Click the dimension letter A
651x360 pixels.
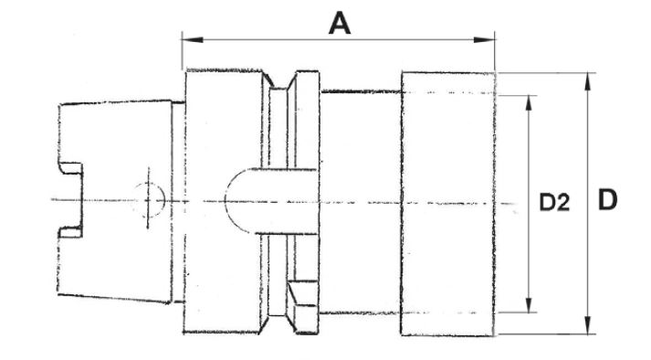(340, 23)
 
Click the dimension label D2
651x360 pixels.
(554, 203)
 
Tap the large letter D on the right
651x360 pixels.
(607, 199)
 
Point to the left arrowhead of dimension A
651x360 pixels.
(193, 40)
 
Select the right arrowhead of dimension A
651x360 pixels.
(484, 40)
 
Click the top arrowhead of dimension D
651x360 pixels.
(587, 81)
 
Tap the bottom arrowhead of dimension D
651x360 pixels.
(587, 325)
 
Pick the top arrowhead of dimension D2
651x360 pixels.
(529, 103)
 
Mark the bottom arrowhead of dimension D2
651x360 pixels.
(529, 304)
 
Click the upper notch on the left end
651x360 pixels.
(70, 168)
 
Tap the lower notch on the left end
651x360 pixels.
(70, 232)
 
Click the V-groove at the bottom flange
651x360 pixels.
(278, 323)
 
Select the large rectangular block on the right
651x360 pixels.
(448, 204)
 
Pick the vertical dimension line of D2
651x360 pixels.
(529, 204)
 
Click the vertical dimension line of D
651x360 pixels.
(587, 204)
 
